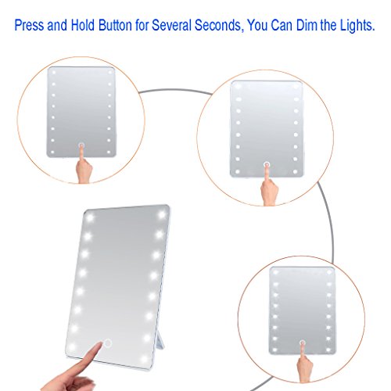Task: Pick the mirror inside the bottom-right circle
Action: click(302, 305)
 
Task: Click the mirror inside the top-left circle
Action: click(81, 109)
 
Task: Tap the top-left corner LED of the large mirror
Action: click(90, 217)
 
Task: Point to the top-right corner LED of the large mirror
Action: click(163, 213)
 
